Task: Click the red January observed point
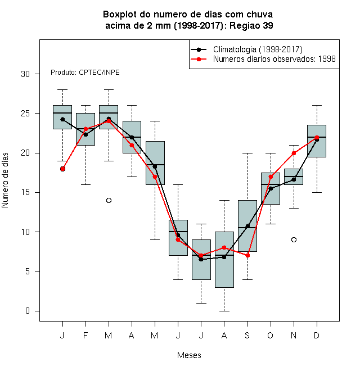pyautogui.click(x=62, y=169)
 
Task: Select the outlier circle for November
pyautogui.click(x=294, y=239)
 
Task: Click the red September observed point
pyautogui.click(x=247, y=256)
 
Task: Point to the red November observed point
pyautogui.click(x=294, y=153)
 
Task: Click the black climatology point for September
pyautogui.click(x=247, y=226)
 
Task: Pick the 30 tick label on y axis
pyautogui.click(x=25, y=74)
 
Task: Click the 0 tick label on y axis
pyautogui.click(x=28, y=311)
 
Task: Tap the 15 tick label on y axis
pyautogui.click(x=25, y=192)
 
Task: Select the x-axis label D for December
pyautogui.click(x=317, y=335)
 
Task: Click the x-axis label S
pyautogui.click(x=247, y=335)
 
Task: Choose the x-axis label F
pyautogui.click(x=85, y=335)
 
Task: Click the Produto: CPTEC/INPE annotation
pyautogui.click(x=85, y=73)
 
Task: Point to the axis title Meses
pyautogui.click(x=189, y=355)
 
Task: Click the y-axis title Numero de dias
pyautogui.click(x=5, y=180)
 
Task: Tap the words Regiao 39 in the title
pyautogui.click(x=251, y=25)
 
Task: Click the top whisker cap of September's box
pyautogui.click(x=247, y=153)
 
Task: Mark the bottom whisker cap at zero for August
pyautogui.click(x=224, y=311)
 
